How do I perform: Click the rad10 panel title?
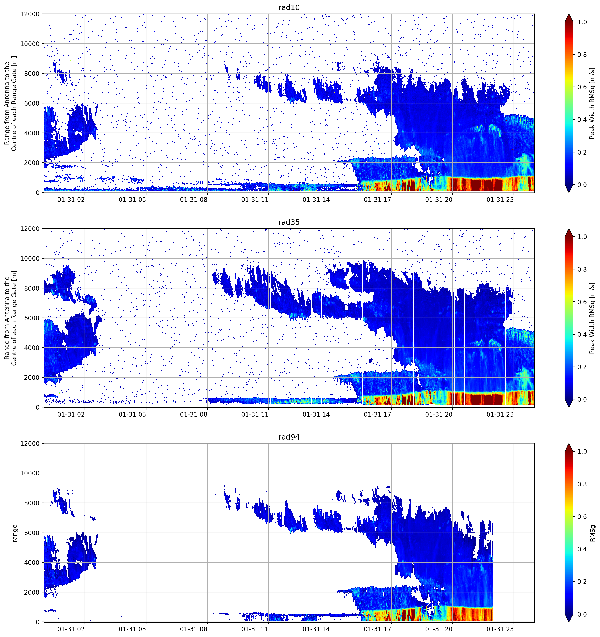click(289, 7)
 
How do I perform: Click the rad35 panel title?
click(289, 222)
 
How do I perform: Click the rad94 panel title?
click(289, 437)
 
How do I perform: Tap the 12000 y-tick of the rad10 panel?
click(30, 14)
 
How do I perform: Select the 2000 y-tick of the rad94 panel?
click(32, 592)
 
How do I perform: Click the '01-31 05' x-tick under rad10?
click(132, 200)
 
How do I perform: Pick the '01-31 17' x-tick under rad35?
click(377, 414)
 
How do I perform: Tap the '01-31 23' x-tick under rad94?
click(500, 629)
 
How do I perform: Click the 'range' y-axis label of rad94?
click(15, 533)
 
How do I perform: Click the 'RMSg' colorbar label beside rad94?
click(592, 533)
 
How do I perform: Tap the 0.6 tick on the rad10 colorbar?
click(582, 87)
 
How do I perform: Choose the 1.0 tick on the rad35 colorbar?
click(582, 237)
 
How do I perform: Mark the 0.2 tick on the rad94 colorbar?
click(582, 581)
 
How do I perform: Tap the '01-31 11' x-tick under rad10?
click(255, 200)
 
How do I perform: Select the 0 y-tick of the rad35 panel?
click(38, 407)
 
